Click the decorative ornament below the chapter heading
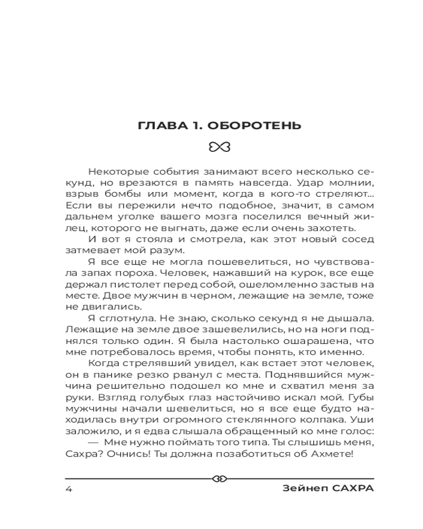[218, 147]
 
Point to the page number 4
[68, 488]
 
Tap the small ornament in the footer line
[218, 479]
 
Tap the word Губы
[362, 397]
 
